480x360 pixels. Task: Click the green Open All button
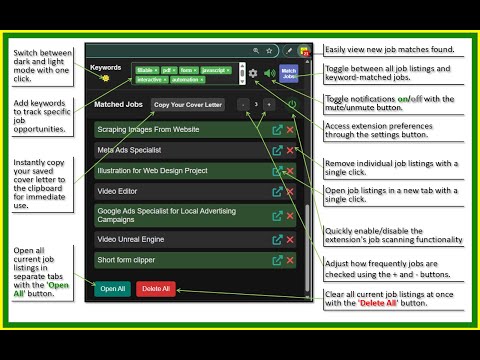click(113, 289)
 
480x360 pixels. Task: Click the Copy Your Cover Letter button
click(188, 104)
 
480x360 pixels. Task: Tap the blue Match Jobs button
click(288, 72)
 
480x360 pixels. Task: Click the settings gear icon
click(254, 73)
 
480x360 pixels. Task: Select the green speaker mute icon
click(269, 73)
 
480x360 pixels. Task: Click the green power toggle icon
click(291, 104)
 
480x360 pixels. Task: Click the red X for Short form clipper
click(291, 260)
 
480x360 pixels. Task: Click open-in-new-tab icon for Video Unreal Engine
click(277, 240)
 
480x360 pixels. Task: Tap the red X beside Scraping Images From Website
click(291, 130)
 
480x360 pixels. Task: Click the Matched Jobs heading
click(118, 104)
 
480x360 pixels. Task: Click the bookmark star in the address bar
click(269, 49)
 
